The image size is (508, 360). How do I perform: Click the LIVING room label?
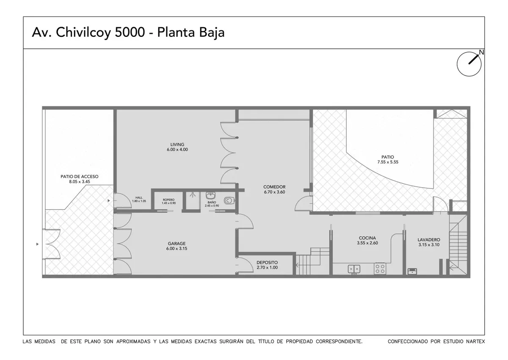click(x=177, y=144)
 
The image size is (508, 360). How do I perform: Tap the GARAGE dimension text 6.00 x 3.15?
click(x=177, y=248)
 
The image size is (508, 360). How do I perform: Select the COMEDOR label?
click(x=274, y=187)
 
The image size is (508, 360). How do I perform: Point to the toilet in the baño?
click(x=229, y=200)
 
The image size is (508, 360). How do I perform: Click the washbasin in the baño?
click(x=211, y=195)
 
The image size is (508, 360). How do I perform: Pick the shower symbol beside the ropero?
click(x=193, y=195)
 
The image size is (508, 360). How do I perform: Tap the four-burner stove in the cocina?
click(x=380, y=269)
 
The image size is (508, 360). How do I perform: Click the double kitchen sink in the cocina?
click(x=354, y=269)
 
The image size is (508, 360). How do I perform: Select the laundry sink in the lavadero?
click(x=412, y=271)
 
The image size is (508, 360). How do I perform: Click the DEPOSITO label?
click(x=267, y=263)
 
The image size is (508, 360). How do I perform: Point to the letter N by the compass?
click(x=481, y=53)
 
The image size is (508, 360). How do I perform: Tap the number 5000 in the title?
click(x=130, y=32)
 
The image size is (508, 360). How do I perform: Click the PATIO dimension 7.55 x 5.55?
click(x=388, y=162)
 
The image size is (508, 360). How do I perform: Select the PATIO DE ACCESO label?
click(x=80, y=177)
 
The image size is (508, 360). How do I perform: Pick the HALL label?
click(x=139, y=198)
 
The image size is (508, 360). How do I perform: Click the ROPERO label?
click(x=168, y=200)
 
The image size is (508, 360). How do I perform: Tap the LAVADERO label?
click(x=429, y=240)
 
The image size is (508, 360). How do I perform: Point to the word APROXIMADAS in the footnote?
click(x=133, y=341)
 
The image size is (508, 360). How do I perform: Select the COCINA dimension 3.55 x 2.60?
click(x=367, y=243)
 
